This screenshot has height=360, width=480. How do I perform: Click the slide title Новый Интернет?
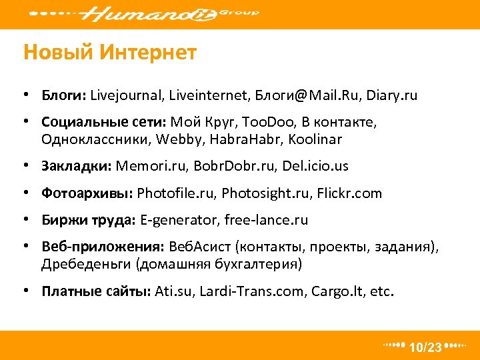pos(110,53)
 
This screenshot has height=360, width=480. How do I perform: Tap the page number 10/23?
pos(425,347)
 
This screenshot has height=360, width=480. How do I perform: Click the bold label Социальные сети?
pos(104,123)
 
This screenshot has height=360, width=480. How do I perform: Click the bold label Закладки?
pos(77,166)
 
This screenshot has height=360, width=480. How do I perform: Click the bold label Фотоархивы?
pos(87,193)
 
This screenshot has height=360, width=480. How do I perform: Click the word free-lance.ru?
pos(266,220)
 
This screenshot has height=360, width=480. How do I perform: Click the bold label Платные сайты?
pos(97,291)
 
